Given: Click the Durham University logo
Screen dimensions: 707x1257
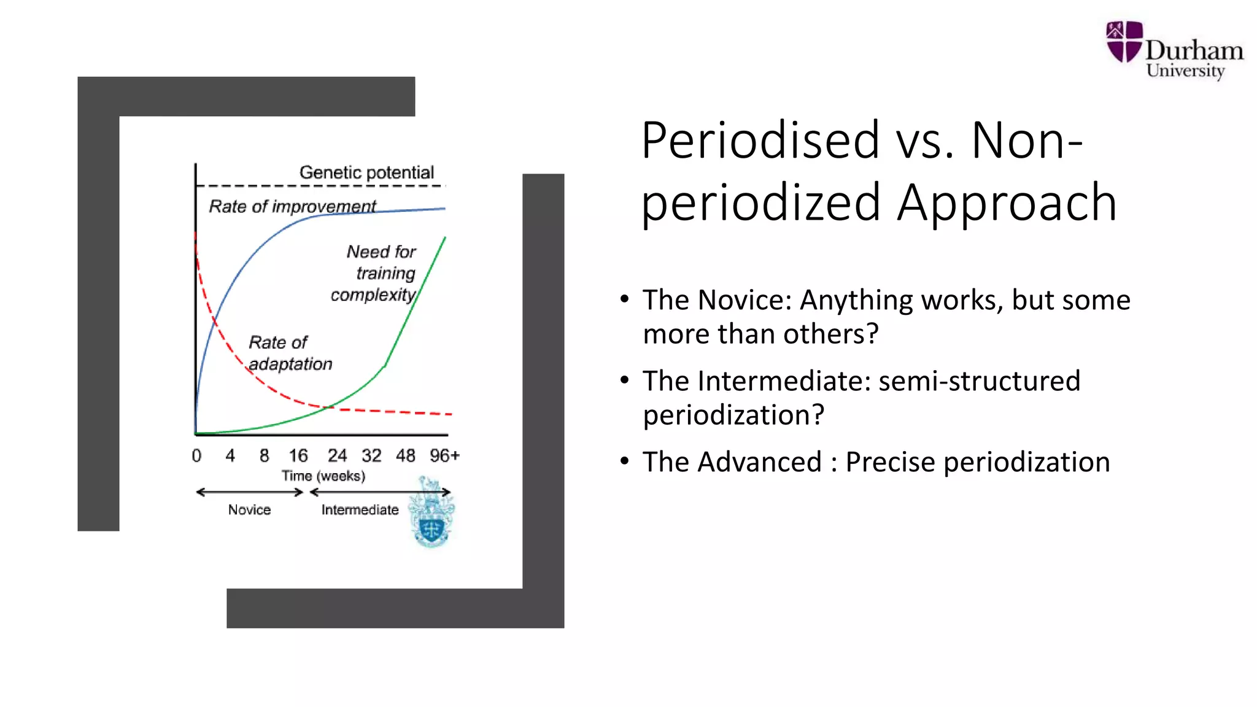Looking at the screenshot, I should coord(1174,50).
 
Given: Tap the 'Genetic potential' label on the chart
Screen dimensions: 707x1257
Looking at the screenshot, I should coord(366,172).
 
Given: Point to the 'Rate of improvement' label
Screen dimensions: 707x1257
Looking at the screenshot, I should coord(292,206).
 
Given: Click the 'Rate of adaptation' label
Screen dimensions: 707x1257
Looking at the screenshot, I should coord(290,353).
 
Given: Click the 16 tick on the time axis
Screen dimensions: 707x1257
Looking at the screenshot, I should coord(298,455).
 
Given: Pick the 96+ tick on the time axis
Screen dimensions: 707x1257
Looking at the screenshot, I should coord(444,455).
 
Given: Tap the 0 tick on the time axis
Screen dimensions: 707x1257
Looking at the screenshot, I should coord(196,455).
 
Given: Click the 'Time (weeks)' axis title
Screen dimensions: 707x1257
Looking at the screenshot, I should coord(323,476).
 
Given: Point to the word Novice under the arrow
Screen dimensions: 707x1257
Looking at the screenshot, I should coord(249,509).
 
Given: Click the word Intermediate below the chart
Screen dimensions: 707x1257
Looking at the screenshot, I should coord(360,509).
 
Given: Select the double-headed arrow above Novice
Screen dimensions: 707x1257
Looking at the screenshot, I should coord(249,492).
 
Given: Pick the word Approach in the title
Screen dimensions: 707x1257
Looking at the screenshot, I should coord(1007,203).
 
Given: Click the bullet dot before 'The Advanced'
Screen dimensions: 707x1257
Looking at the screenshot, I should coord(624,461).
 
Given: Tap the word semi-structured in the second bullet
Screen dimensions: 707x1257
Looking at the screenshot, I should coord(979,381).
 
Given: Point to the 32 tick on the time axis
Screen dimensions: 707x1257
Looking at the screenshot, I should coord(371,455).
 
